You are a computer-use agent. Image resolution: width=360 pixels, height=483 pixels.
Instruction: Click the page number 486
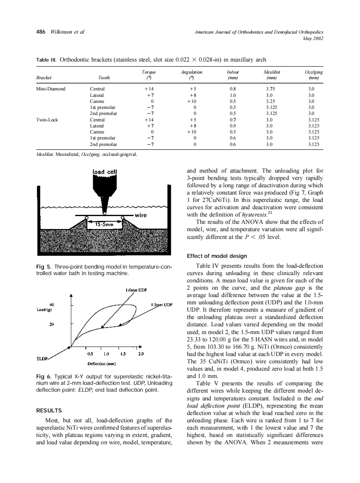41,32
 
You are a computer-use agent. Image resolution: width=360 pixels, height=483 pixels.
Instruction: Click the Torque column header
149,72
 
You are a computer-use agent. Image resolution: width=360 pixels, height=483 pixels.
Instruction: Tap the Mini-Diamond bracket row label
51,89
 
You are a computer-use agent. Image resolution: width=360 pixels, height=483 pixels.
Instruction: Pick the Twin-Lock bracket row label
47,120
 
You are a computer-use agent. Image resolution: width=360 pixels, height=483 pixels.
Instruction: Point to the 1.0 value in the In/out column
233,95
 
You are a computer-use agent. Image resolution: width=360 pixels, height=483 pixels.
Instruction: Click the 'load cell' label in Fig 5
104,172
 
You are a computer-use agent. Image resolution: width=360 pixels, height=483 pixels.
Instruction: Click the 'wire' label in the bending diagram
141,214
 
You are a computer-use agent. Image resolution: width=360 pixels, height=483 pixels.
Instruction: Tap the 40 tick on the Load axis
52,304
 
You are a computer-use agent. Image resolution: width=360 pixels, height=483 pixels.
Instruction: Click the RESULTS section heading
49,411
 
